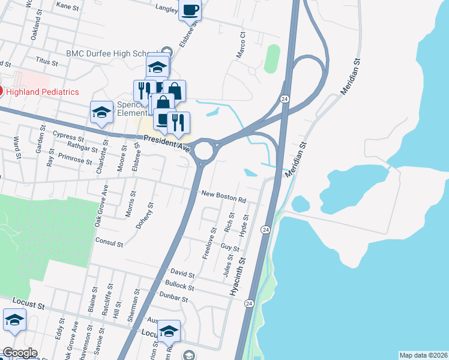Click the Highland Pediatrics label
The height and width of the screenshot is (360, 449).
pos(43,92)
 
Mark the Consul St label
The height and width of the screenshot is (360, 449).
pos(109,244)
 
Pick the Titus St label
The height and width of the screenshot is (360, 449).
pos(46,62)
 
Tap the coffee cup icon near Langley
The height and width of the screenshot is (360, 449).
pos(190,11)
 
